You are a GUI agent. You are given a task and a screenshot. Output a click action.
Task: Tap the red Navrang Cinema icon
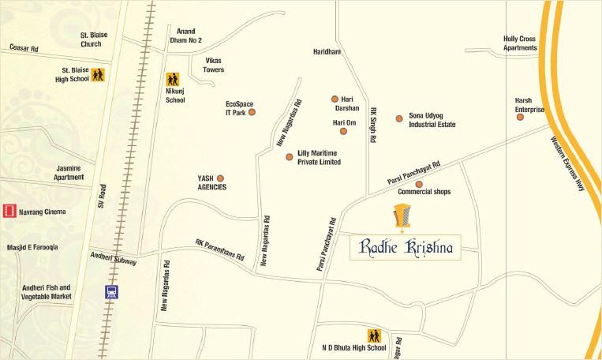[9, 211]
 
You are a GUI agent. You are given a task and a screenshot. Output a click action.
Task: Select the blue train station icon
[112, 291]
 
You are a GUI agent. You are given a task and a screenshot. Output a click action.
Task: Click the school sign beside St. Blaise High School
[98, 75]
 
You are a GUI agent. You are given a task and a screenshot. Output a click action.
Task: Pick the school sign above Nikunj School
[173, 80]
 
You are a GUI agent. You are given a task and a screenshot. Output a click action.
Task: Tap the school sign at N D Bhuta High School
[373, 335]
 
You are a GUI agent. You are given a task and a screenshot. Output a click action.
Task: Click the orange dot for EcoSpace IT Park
[252, 112]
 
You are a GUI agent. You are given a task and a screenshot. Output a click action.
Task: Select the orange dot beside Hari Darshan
[335, 99]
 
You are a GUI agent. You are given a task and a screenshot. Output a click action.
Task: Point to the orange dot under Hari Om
[343, 131]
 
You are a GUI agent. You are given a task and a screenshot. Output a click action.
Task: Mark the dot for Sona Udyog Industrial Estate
[399, 118]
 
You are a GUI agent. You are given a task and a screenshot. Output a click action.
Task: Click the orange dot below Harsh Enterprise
[520, 117]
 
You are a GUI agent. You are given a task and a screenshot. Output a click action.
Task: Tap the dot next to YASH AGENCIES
[220, 178]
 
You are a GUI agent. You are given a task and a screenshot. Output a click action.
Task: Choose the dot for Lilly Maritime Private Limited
[289, 157]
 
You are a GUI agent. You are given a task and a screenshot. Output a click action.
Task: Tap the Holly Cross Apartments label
[520, 43]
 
